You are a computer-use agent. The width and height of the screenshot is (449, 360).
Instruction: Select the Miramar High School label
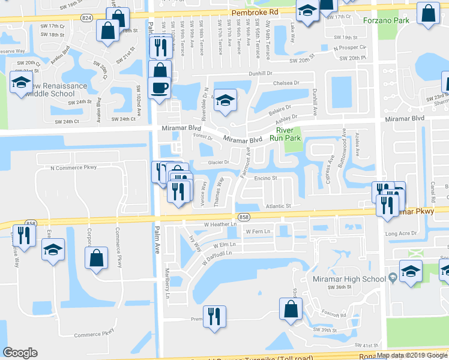point(349,279)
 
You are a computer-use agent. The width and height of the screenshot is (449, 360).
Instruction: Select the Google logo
point(20,353)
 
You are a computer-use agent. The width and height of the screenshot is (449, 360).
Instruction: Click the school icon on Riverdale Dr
point(225,100)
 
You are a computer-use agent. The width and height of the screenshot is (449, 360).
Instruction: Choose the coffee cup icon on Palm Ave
point(160,88)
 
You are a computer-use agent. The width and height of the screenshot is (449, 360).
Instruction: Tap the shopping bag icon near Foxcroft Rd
point(291,310)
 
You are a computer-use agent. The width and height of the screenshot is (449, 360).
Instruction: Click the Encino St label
point(265,178)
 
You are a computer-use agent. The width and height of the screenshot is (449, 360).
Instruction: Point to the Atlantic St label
point(279,205)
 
